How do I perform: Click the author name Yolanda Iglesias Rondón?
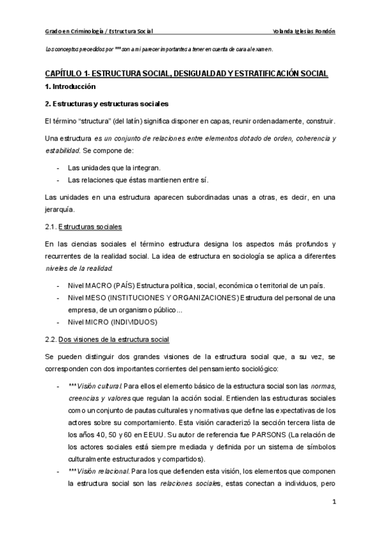click(x=303, y=31)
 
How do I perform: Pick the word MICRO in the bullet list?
click(x=102, y=322)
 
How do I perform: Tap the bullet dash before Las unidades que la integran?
click(x=58, y=167)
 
